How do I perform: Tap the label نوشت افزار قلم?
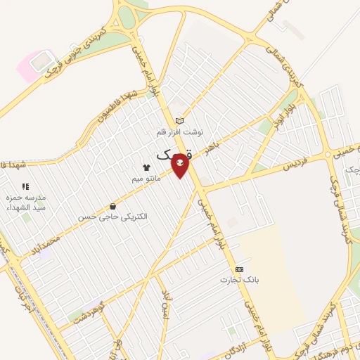pos(179,131)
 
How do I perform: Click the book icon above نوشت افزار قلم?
pos(179,121)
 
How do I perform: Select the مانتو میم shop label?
pos(148,179)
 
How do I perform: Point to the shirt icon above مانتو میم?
pos(147,168)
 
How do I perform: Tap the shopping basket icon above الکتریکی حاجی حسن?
pos(112,207)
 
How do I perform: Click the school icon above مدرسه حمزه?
pos(25,186)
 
